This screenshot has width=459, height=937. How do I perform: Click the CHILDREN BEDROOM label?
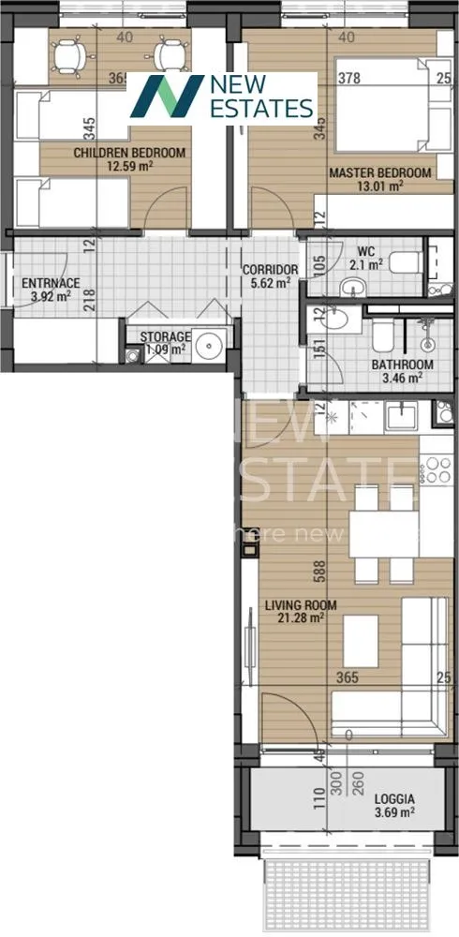coord(130,153)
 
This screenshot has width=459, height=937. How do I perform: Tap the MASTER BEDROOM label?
coord(379,172)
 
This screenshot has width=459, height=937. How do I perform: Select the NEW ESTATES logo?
coord(222,97)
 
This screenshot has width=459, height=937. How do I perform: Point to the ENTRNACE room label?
coord(52,283)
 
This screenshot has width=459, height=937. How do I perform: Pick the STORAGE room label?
coord(165,337)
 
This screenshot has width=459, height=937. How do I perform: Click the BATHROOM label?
coord(402,364)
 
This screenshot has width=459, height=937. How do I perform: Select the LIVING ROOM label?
coord(300,605)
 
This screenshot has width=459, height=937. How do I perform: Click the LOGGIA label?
coord(394,799)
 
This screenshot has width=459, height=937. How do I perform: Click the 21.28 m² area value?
coord(301,617)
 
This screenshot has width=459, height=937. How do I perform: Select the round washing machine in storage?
coord(211,345)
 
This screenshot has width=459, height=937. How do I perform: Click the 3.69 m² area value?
coord(394,812)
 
